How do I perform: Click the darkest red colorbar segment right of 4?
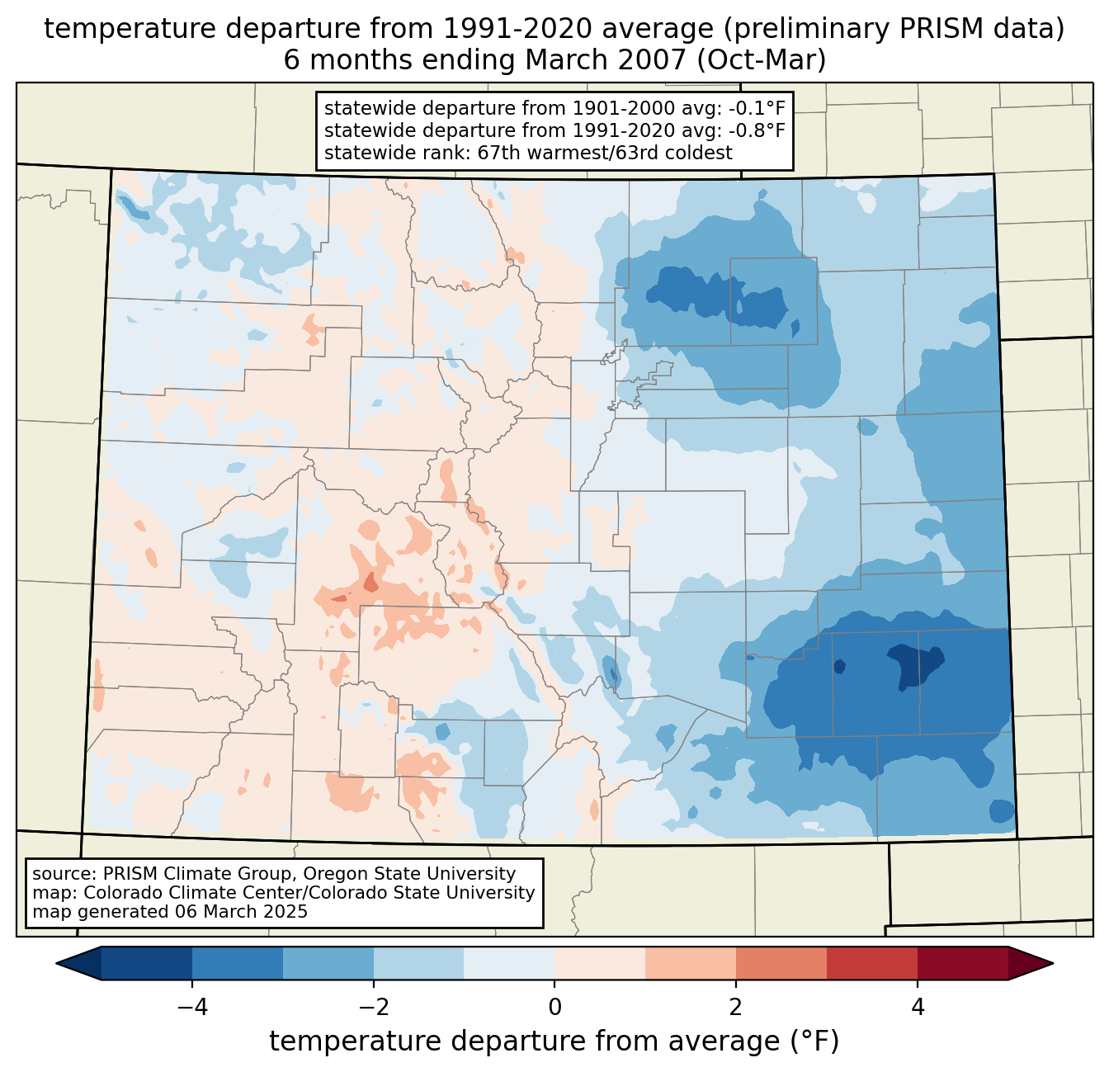pos(962,963)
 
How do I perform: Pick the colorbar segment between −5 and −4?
pos(147,963)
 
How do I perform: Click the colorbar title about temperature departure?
pos(554,1041)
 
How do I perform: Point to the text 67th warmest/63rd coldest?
pos(605,153)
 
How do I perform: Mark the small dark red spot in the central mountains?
pos(370,582)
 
